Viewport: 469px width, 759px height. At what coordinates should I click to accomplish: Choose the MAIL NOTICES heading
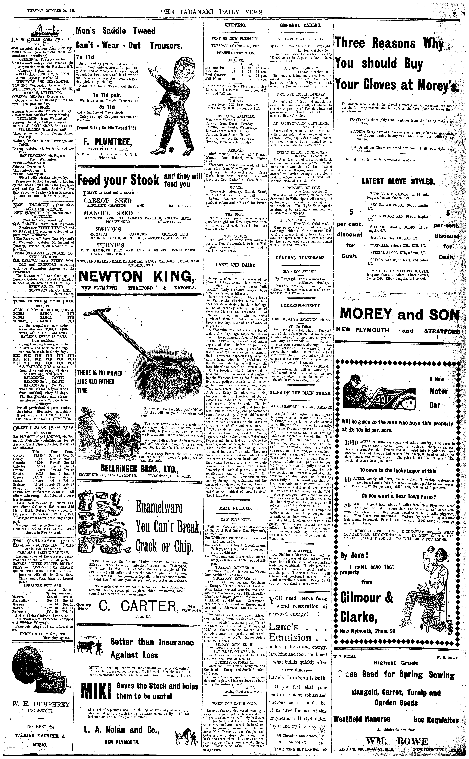coord(235,508)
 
